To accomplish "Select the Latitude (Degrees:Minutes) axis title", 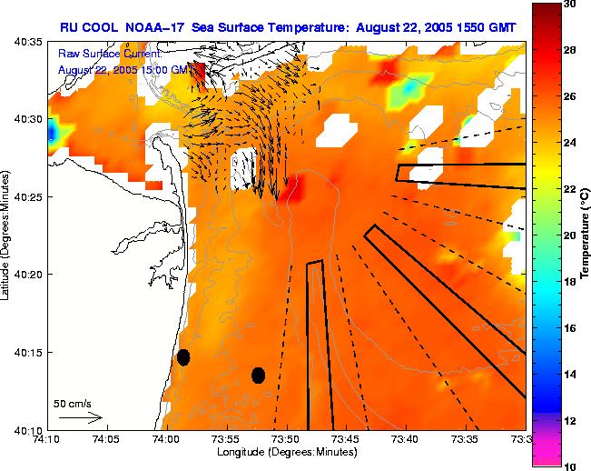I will [7, 235].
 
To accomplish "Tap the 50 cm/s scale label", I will [73, 403].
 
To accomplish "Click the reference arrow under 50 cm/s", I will [81, 418].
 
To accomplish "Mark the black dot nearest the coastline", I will [183, 357].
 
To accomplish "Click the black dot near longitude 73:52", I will [258, 375].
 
